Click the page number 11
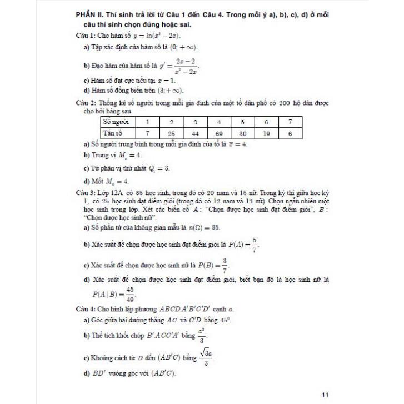point(325,379)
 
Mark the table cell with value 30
point(243,133)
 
